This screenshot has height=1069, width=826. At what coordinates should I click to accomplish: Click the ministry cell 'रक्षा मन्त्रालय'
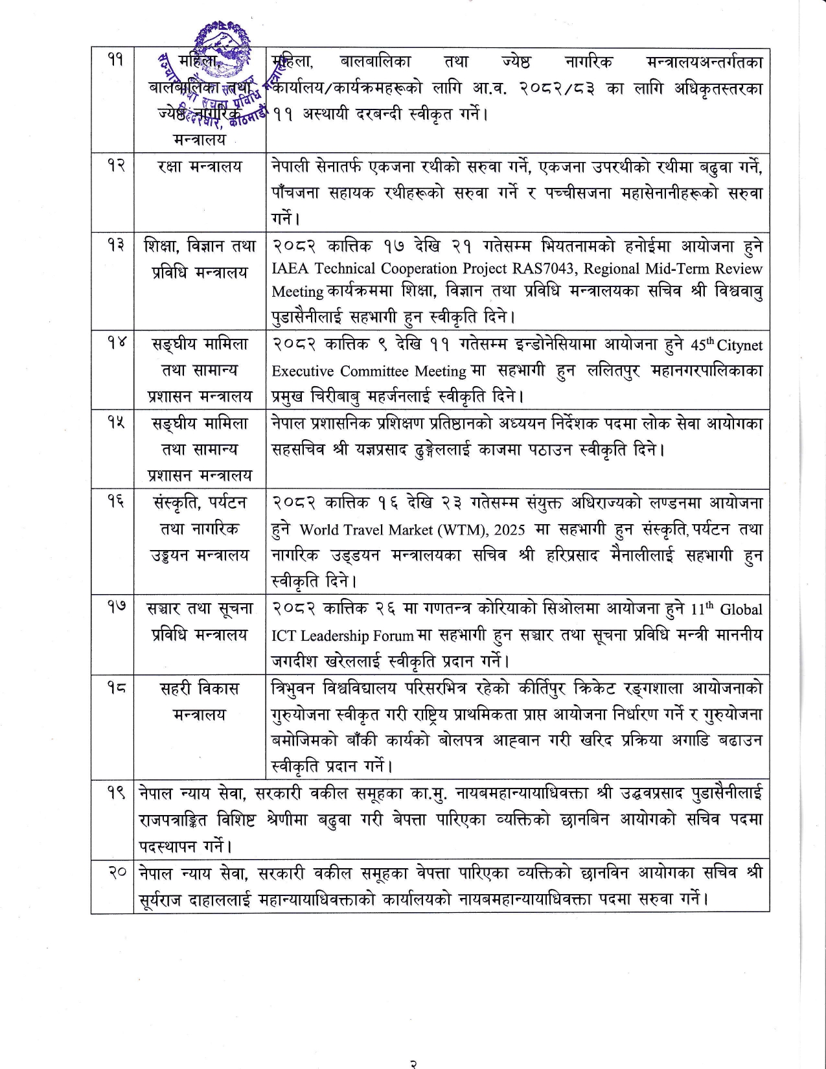[200, 167]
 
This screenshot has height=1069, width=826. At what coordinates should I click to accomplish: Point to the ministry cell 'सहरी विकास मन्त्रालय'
[200, 701]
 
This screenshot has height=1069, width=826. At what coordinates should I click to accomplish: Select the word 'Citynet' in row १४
[740, 345]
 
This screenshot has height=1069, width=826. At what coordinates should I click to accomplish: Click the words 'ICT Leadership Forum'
[342, 636]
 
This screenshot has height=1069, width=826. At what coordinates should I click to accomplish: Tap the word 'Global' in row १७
[741, 610]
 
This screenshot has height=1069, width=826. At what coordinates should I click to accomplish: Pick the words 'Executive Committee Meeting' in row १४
[369, 371]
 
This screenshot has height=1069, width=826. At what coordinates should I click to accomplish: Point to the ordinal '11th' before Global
[702, 609]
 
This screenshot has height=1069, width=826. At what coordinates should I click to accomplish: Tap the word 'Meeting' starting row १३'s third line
[297, 292]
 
